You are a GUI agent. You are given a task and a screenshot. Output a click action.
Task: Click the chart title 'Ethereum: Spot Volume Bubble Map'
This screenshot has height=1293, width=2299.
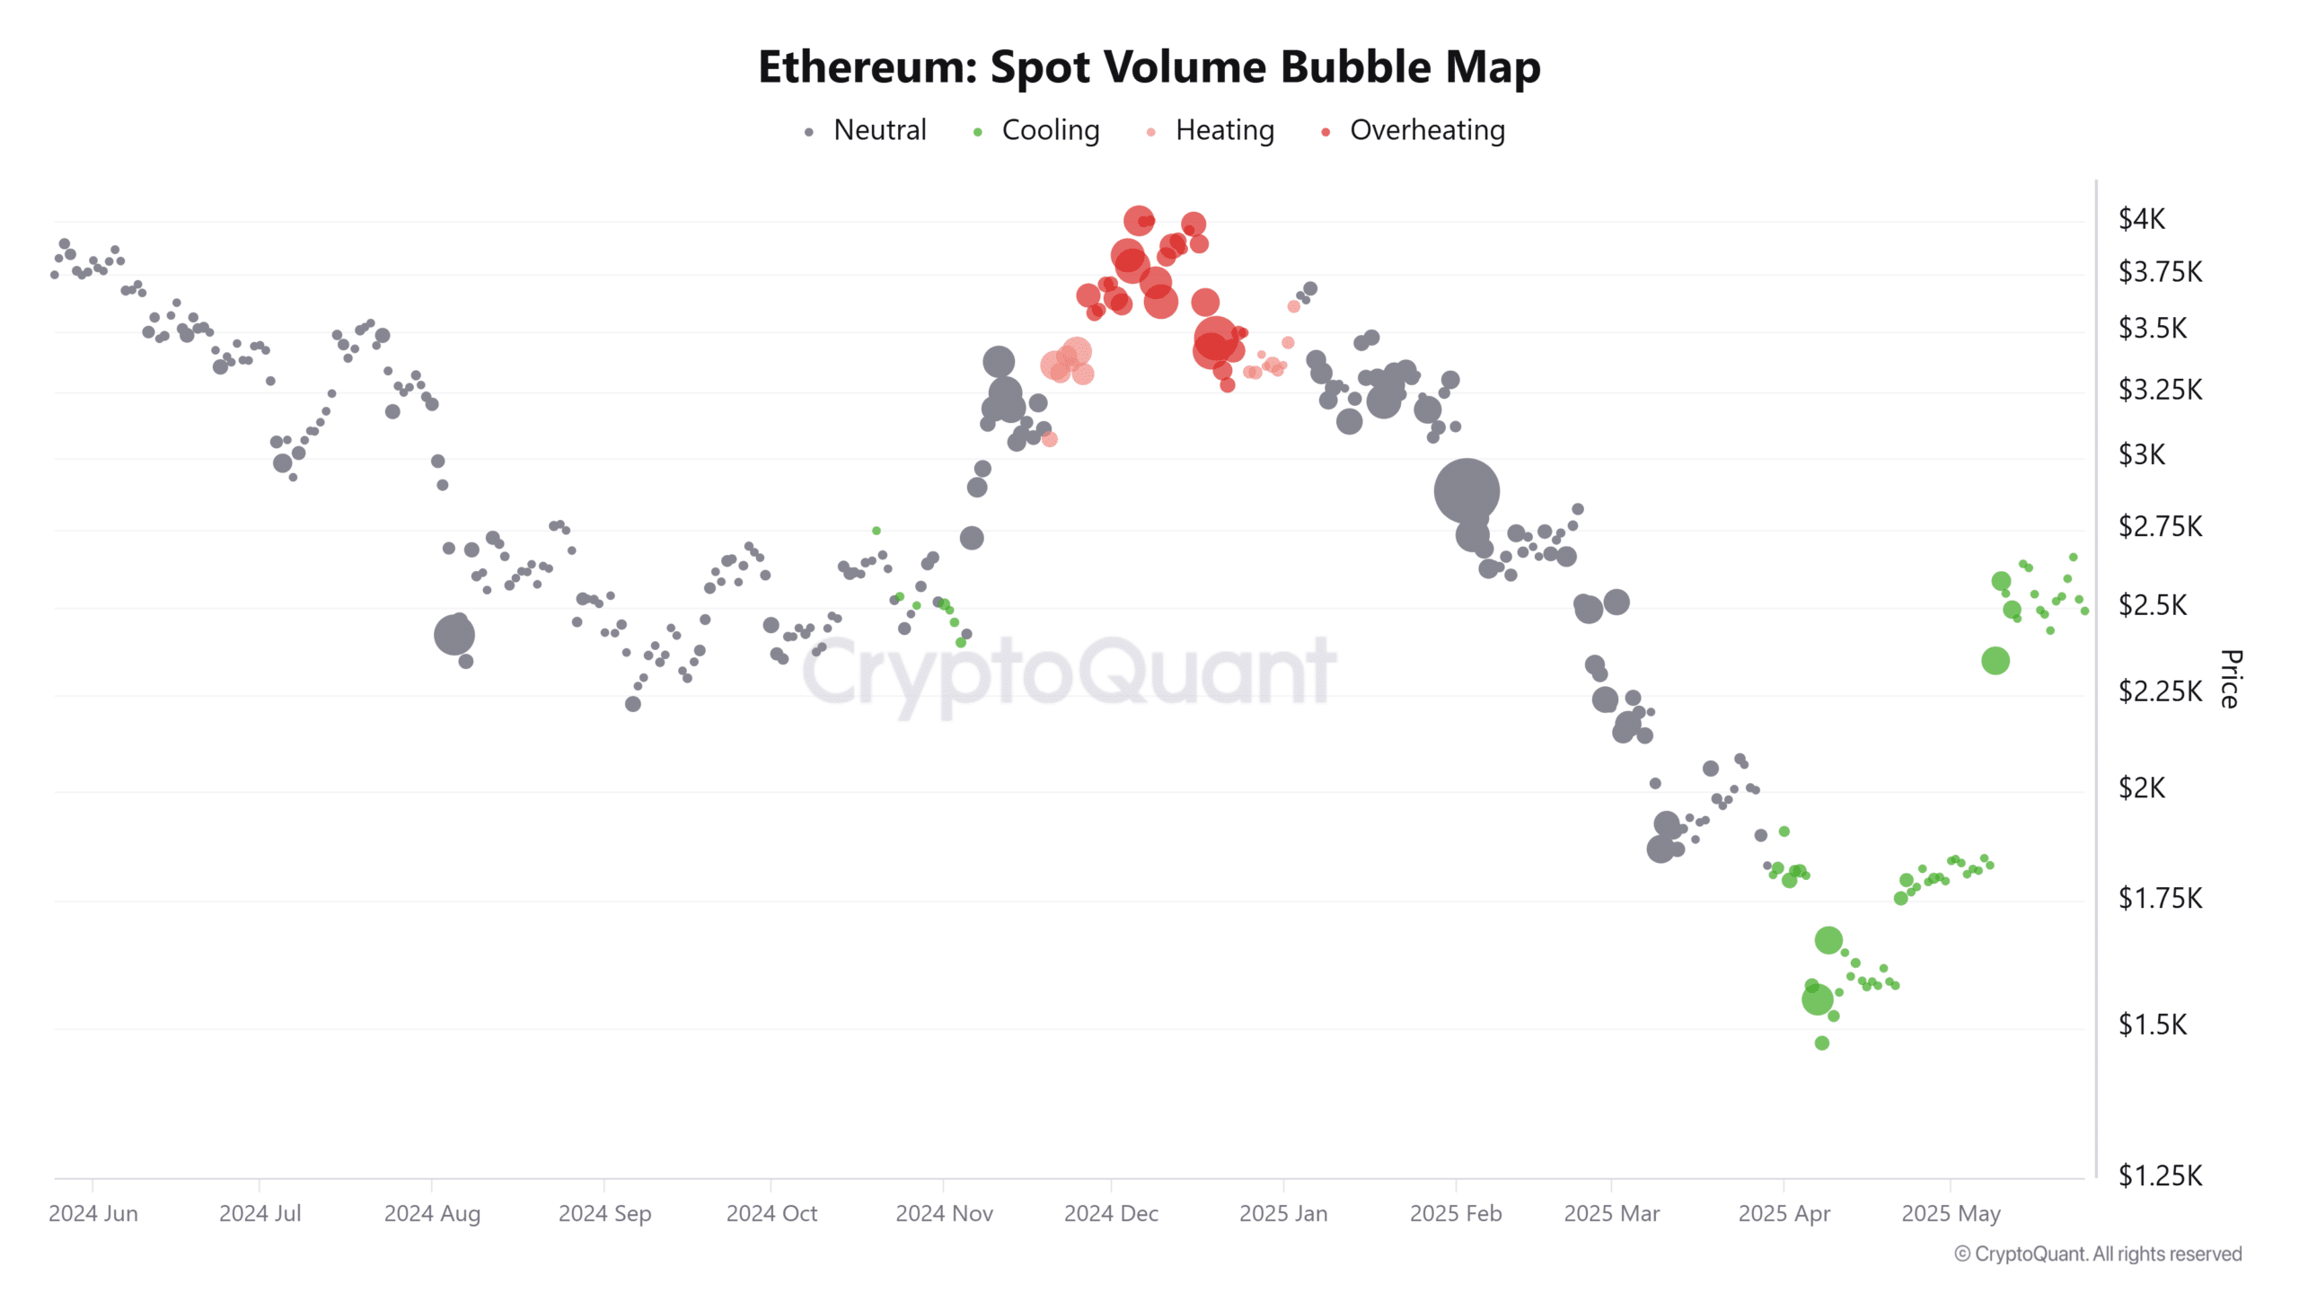[x=1149, y=67]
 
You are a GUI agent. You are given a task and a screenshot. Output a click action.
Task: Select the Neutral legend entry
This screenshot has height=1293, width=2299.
[x=878, y=130]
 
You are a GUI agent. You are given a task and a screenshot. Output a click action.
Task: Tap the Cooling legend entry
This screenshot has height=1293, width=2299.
[x=1049, y=130]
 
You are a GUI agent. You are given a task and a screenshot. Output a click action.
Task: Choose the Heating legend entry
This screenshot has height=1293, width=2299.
[x=1223, y=130]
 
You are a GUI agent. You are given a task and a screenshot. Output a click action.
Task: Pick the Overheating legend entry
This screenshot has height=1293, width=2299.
[x=1426, y=130]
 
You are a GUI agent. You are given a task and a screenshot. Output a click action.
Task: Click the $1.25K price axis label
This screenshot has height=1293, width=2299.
[x=2159, y=1175]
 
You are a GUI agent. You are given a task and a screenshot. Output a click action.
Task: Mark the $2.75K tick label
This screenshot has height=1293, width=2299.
[x=2159, y=526]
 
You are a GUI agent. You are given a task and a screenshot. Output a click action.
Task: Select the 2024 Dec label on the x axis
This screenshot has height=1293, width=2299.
[x=1111, y=1213]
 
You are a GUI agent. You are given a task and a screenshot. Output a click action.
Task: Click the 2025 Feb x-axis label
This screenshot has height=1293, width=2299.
[x=1455, y=1213]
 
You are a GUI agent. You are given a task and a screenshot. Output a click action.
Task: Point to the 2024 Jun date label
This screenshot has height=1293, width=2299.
[x=93, y=1213]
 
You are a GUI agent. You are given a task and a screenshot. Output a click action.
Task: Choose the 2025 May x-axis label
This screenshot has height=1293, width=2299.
[x=1951, y=1213]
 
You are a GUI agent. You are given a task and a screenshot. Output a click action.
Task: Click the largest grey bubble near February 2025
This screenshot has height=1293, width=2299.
[x=1466, y=490]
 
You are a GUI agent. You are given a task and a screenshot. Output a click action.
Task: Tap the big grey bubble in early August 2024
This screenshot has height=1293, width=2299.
[x=454, y=635]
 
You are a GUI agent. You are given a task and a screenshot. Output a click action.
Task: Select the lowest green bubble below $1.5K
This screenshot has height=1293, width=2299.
[x=1821, y=1042]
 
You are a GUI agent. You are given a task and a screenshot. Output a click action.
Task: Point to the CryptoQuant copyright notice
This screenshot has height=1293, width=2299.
[x=2098, y=1253]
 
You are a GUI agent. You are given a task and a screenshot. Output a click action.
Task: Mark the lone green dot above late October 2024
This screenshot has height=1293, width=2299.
[x=876, y=531]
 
